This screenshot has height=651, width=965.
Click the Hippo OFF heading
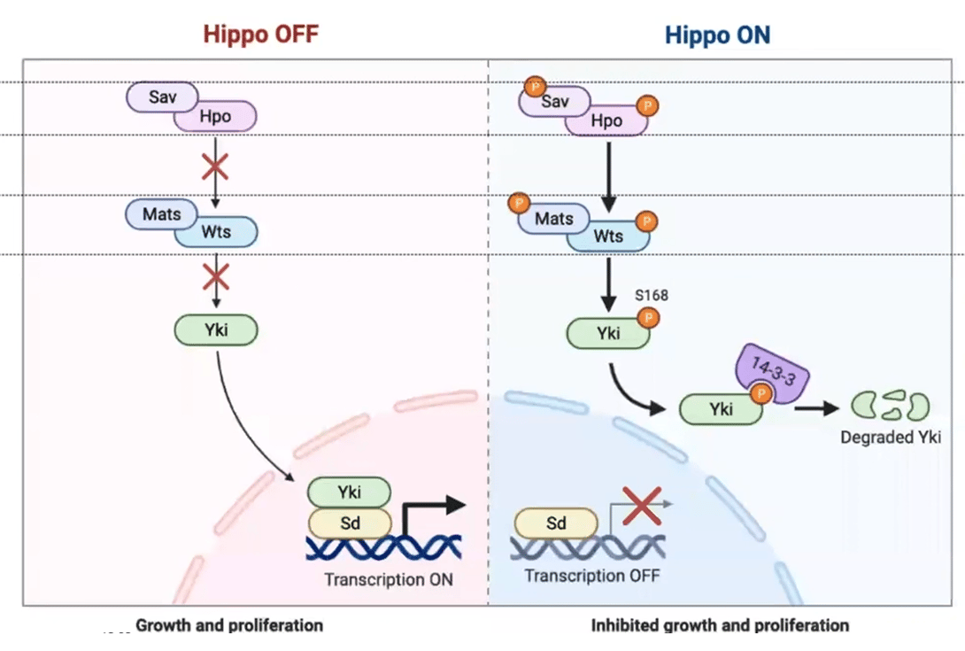[x=260, y=35]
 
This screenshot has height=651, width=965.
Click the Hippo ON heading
[x=717, y=35]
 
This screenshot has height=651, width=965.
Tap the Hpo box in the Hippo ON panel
[x=607, y=120]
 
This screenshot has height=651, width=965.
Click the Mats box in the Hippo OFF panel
[x=161, y=214]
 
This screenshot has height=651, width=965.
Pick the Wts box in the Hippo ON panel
[x=608, y=236]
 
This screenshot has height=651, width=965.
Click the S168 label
[x=651, y=295]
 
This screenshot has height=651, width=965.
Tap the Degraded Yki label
[x=890, y=438]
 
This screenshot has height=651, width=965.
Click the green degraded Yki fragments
[x=890, y=407]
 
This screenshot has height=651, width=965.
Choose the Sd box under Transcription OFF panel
[x=556, y=523]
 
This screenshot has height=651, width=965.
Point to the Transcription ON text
[x=389, y=580]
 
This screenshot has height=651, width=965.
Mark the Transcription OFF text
[x=591, y=576]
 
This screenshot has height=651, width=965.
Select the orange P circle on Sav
[x=535, y=87]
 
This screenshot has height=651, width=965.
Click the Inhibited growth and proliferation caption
[x=720, y=625]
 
